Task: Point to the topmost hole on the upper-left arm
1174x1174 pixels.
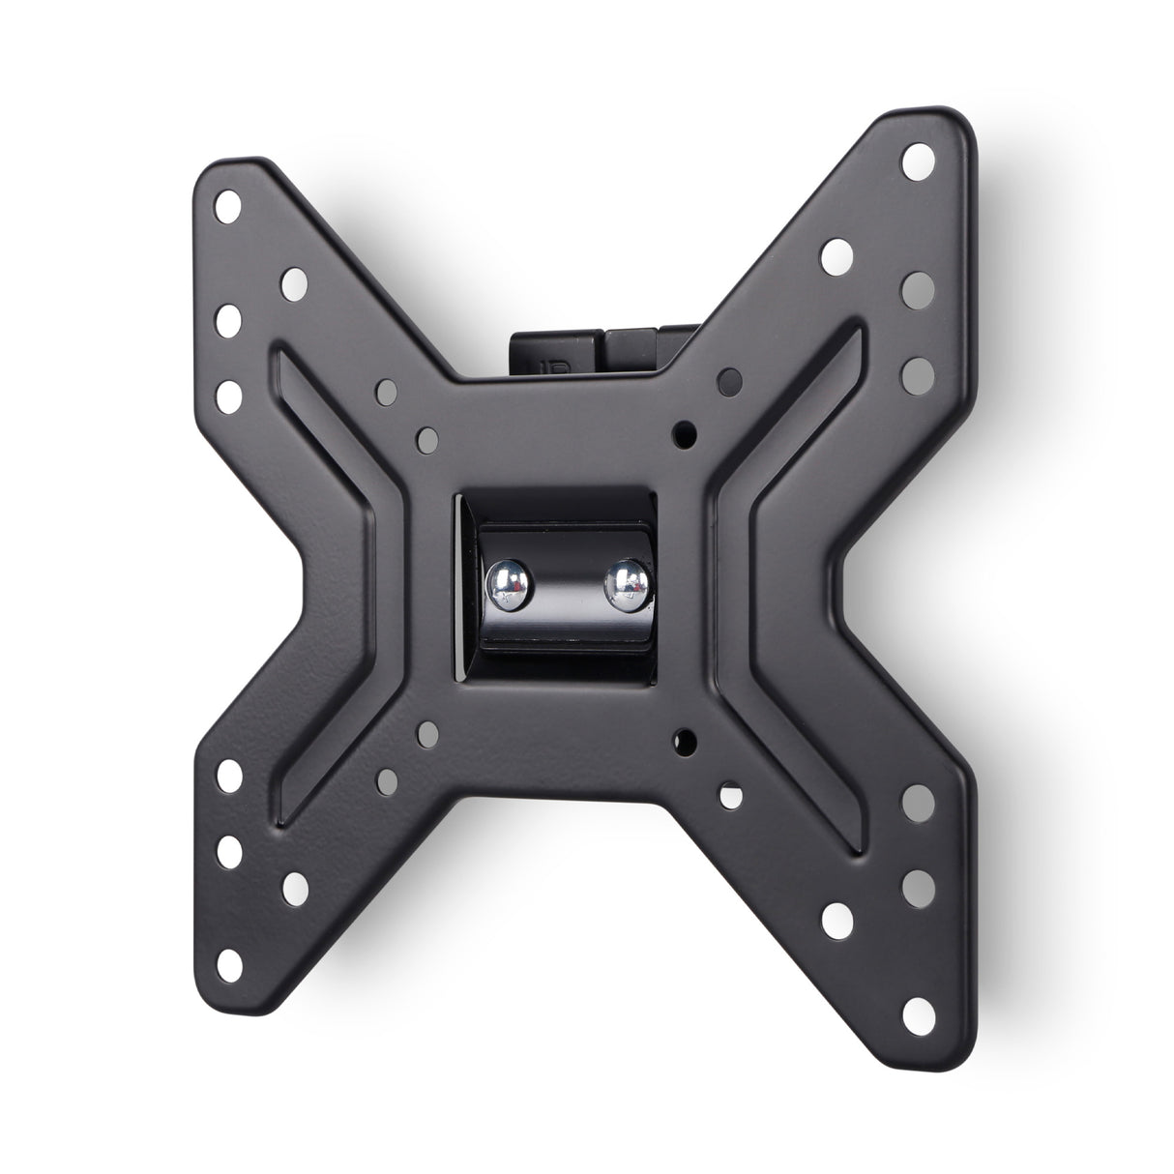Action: [229, 205]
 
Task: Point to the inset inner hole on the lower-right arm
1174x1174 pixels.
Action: [835, 915]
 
